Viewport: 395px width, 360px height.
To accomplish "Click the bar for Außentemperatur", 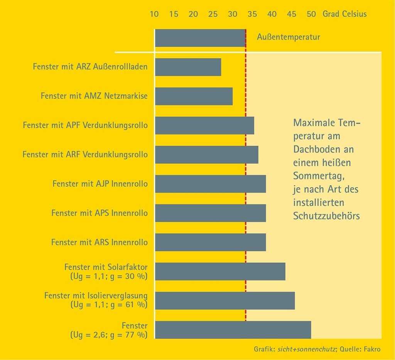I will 200,38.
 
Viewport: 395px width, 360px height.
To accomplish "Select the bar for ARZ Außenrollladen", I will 188,67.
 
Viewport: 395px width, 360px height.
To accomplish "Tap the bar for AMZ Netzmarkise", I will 194,96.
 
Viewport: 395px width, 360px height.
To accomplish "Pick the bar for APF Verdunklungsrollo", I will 204,125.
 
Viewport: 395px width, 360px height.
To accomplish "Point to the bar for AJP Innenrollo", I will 210,184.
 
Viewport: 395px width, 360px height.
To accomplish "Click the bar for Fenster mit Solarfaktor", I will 220,271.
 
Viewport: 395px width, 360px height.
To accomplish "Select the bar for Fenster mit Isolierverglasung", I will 225,301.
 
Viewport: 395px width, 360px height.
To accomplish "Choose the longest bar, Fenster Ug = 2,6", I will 233,330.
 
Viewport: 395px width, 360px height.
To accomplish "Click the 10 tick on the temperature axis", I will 154,14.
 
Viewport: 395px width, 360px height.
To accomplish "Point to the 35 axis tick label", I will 252,14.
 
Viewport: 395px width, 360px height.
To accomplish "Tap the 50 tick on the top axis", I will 311,14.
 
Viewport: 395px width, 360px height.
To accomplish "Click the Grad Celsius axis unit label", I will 345,14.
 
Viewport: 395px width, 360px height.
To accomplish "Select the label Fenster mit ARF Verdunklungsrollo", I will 85,155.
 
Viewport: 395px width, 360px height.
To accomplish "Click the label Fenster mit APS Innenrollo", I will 99,213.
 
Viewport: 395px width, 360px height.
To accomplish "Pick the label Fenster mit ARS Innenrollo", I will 99,242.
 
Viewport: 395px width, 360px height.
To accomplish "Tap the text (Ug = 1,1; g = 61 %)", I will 109,304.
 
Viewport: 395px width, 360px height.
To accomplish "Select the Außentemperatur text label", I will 289,38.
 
